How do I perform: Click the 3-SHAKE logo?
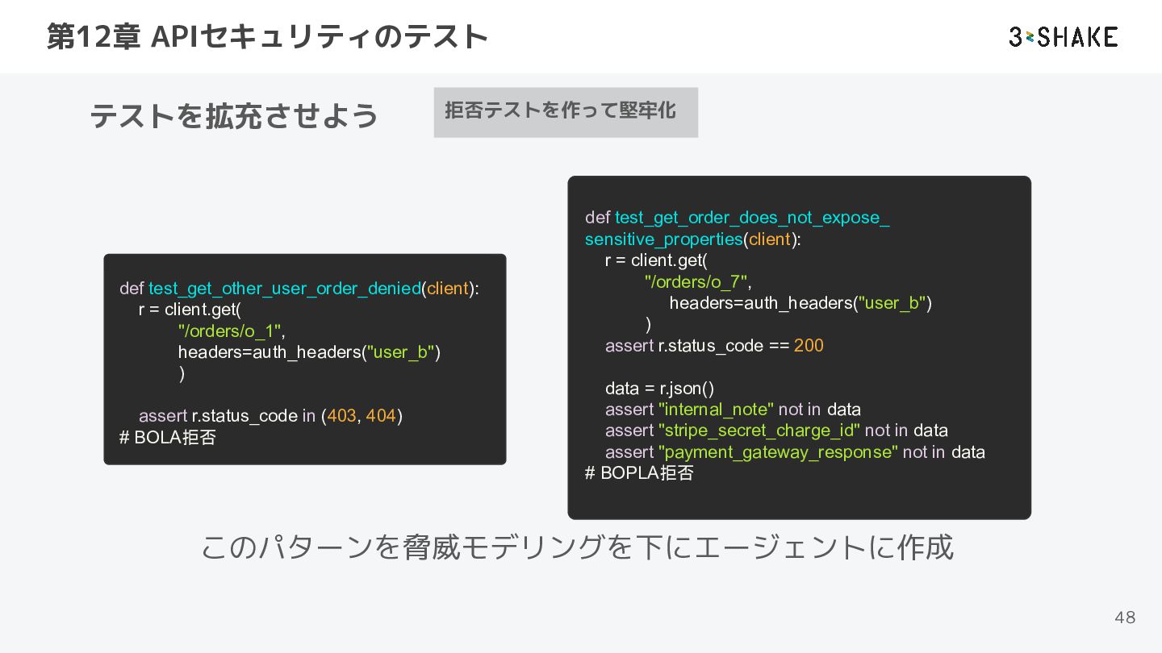coord(1063,37)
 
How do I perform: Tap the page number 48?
coord(1125,618)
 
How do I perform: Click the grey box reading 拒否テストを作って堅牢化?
coord(566,112)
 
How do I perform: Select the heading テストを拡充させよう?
coord(234,115)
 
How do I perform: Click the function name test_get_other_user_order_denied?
coord(285,288)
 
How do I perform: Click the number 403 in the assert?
coord(342,416)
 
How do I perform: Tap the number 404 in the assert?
coord(381,416)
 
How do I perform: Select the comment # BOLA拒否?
coord(168,438)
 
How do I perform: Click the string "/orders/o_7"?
coord(696,281)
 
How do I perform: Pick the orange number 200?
coord(809,345)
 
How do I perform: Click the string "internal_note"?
coord(716,410)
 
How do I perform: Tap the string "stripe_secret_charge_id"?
coord(759,430)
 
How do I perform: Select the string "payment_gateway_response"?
coord(778,452)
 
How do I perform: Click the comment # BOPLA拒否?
coord(639,472)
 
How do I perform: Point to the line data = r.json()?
coord(659,389)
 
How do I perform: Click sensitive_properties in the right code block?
coord(664,239)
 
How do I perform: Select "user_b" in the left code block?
coord(400,352)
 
